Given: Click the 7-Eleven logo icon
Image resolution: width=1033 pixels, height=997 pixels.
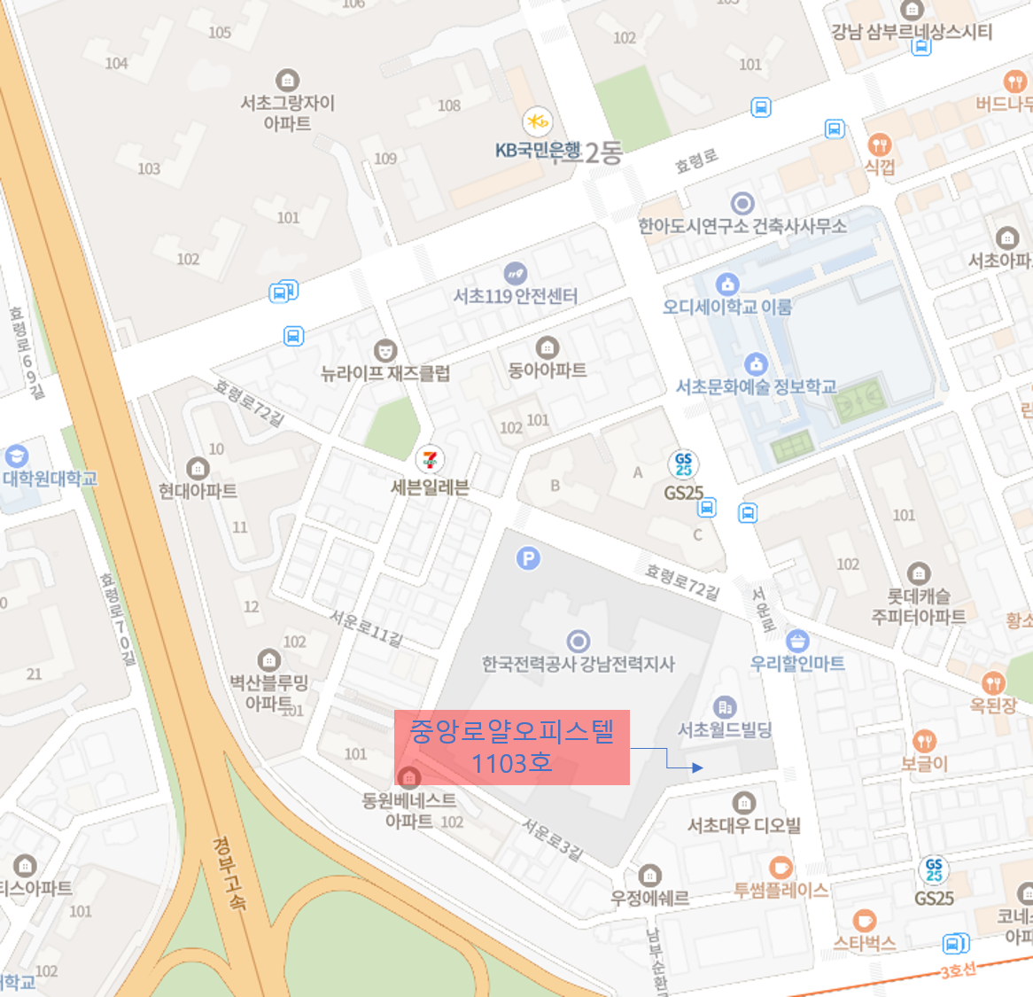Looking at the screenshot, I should [430, 460].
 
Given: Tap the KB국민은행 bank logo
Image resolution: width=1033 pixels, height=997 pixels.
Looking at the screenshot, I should [537, 121].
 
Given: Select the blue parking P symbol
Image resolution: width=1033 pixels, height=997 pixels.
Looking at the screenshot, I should [528, 558].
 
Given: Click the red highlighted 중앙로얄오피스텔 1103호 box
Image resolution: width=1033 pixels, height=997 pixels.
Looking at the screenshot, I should [511, 746].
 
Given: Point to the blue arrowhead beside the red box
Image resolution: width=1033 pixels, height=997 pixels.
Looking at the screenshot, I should [697, 767].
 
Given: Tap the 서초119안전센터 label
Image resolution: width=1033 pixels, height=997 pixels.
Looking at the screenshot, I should [516, 295].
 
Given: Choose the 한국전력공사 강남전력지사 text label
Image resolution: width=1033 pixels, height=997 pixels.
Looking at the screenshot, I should [578, 664].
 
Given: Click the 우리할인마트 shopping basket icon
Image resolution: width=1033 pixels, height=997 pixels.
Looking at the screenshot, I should [797, 640].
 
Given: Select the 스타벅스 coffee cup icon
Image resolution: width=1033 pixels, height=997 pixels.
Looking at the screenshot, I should [864, 921].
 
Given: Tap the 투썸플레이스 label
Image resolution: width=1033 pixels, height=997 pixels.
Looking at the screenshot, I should [781, 890].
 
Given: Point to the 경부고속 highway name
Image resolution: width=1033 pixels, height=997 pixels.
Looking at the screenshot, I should [229, 873].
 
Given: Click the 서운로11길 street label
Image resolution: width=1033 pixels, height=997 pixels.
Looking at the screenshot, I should [367, 628].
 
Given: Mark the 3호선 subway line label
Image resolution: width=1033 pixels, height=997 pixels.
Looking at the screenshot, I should [958, 970].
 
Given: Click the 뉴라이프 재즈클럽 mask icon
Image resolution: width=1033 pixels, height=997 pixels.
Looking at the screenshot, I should [384, 350].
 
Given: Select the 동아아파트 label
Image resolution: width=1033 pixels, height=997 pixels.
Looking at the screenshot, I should [547, 370].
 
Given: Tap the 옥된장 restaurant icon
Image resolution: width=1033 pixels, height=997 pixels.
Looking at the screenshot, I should [993, 682].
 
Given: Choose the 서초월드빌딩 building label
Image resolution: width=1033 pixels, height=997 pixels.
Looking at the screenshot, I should [725, 729].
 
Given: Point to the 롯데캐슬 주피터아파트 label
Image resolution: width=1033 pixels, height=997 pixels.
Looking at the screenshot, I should [919, 606].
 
